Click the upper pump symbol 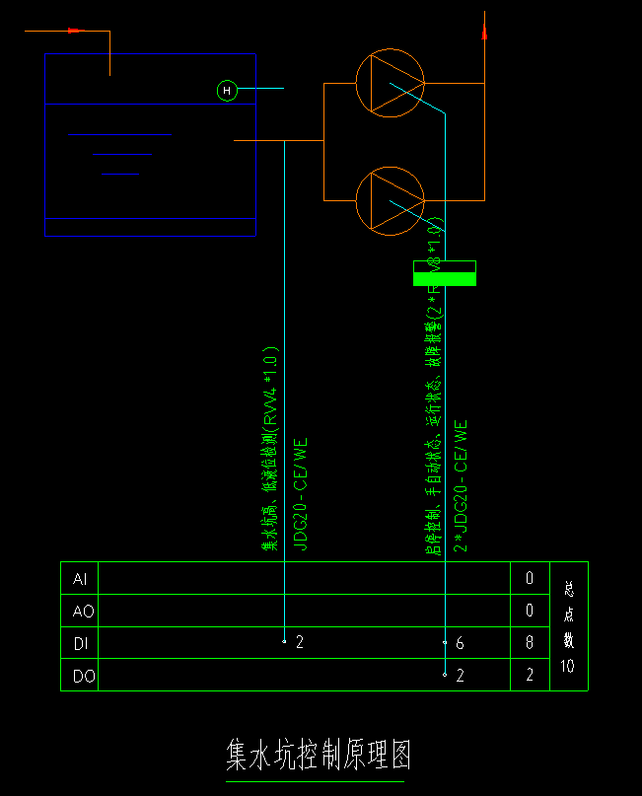390,83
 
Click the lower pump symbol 390,201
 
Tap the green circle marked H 227,92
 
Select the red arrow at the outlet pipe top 484,32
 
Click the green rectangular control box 444,273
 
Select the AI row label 80,579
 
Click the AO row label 83,612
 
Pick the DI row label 81,643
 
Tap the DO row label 83,676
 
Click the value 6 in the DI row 460,643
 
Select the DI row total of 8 529,643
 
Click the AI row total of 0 529,579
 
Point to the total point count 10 567,666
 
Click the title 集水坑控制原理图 318,756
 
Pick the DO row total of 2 529,676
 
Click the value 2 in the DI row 300,643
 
